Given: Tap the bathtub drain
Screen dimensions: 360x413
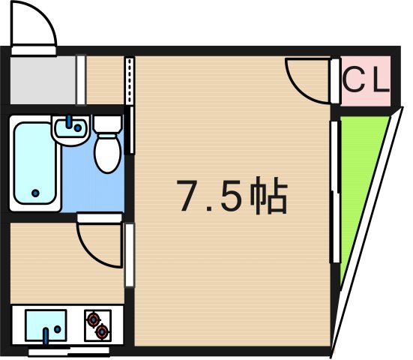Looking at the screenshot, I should [35, 193].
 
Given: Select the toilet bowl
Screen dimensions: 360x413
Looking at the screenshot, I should [106, 153].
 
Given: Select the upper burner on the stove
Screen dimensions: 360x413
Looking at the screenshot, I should [94, 319].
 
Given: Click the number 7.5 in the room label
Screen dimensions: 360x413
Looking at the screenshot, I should [211, 196].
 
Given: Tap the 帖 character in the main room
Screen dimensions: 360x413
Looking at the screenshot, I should [268, 196].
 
